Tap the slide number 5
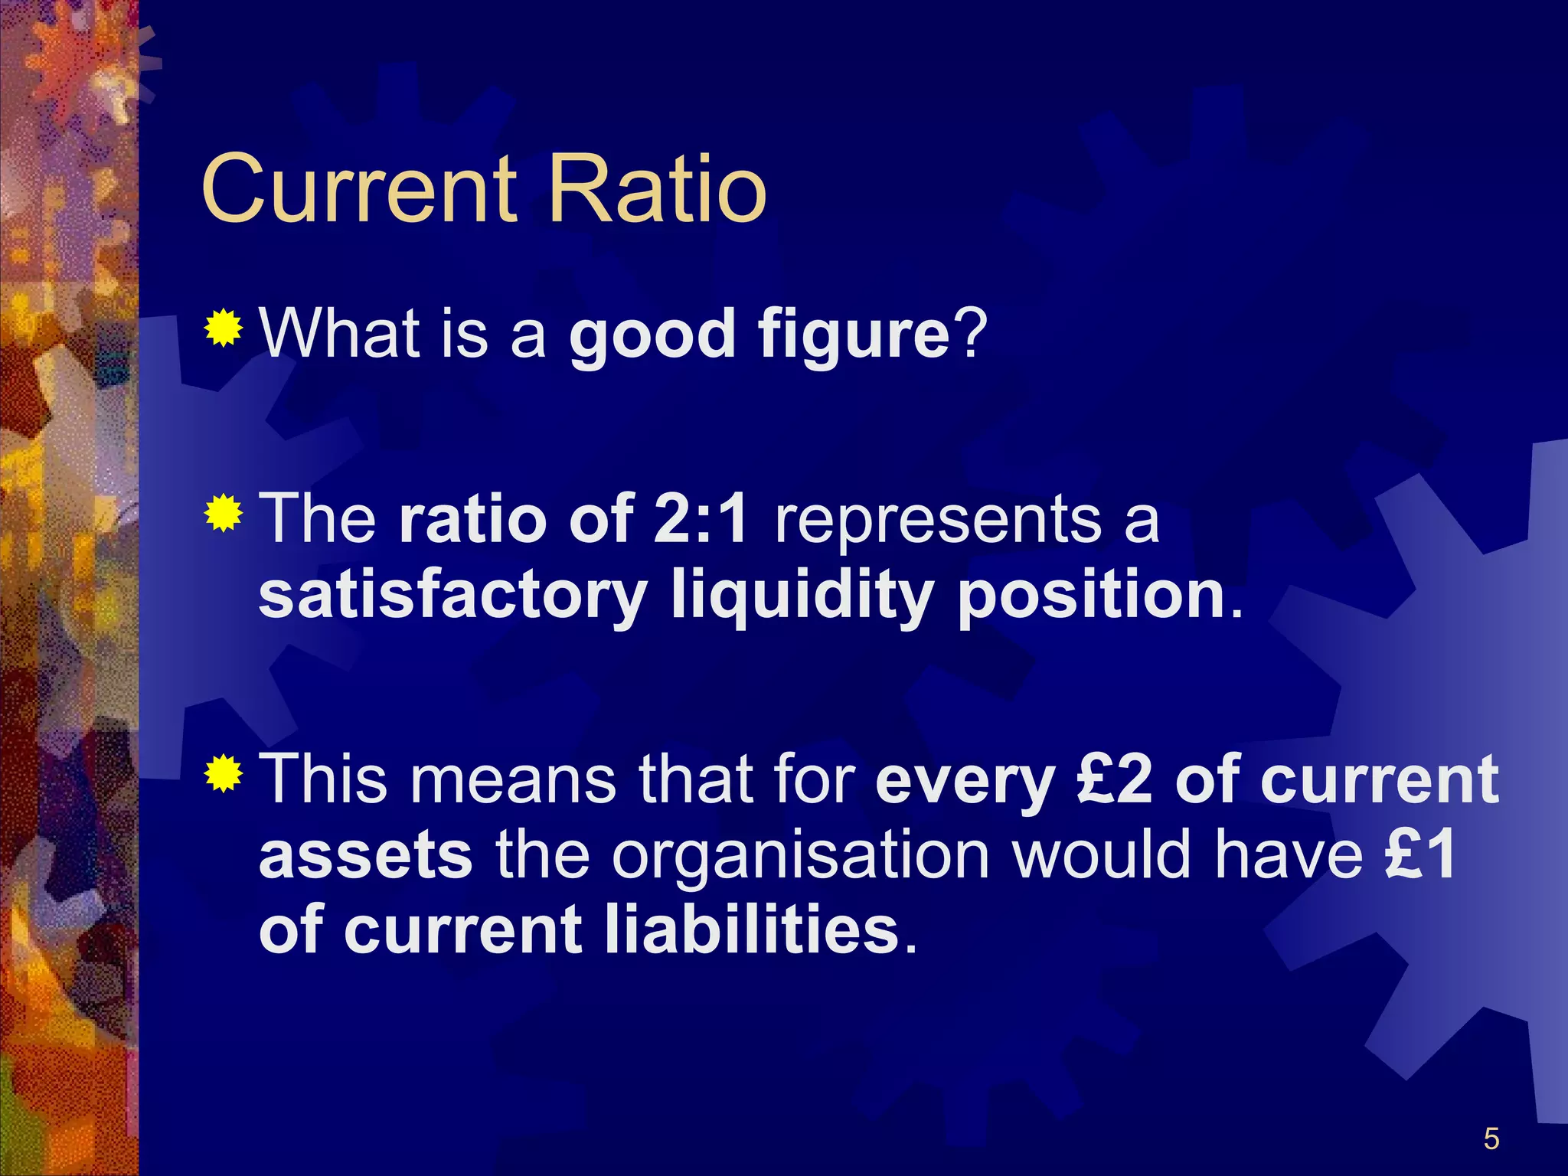click(1491, 1139)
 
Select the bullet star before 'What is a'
click(224, 328)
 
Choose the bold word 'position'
click(1092, 596)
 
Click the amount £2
click(1113, 779)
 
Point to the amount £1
click(1421, 854)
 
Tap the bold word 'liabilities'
click(752, 929)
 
